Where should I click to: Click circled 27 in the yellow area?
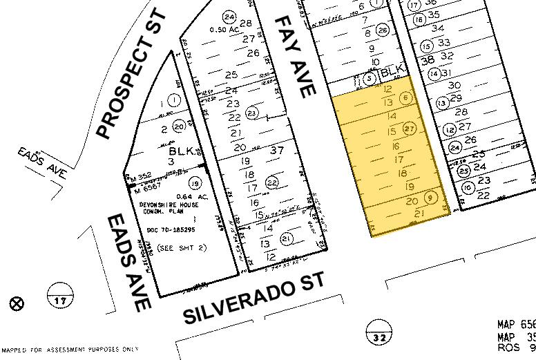(409, 129)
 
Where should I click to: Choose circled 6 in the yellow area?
(407, 98)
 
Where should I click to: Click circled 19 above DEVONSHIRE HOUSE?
(195, 183)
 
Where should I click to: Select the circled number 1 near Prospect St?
(174, 100)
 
